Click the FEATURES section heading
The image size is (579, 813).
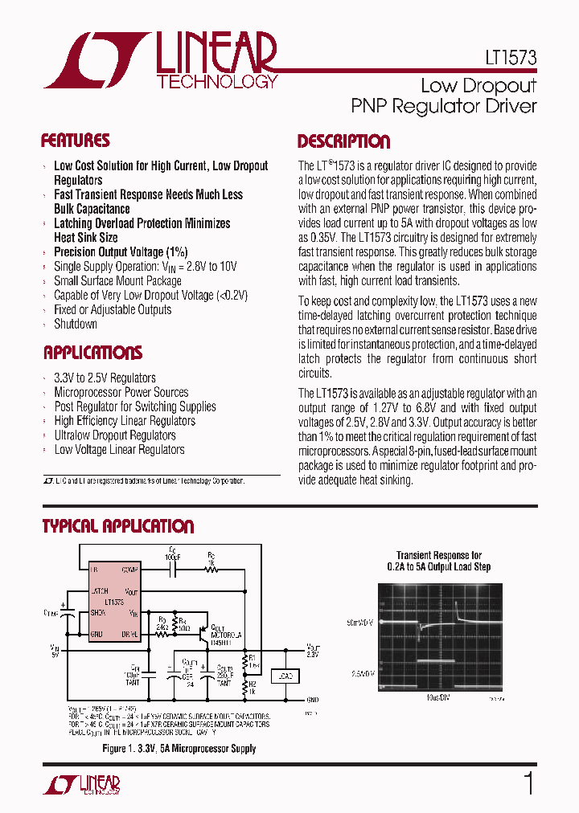76,141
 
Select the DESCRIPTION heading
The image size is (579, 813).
343,142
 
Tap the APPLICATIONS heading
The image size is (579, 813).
92,353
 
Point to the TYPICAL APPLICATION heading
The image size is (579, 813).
118,527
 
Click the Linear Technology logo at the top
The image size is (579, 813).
161,60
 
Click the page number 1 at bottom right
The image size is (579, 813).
528,783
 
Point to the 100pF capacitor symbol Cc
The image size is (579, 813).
170,570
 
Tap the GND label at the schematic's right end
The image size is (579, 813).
312,700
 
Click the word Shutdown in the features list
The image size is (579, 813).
76,324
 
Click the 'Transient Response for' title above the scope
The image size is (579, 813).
438,555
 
